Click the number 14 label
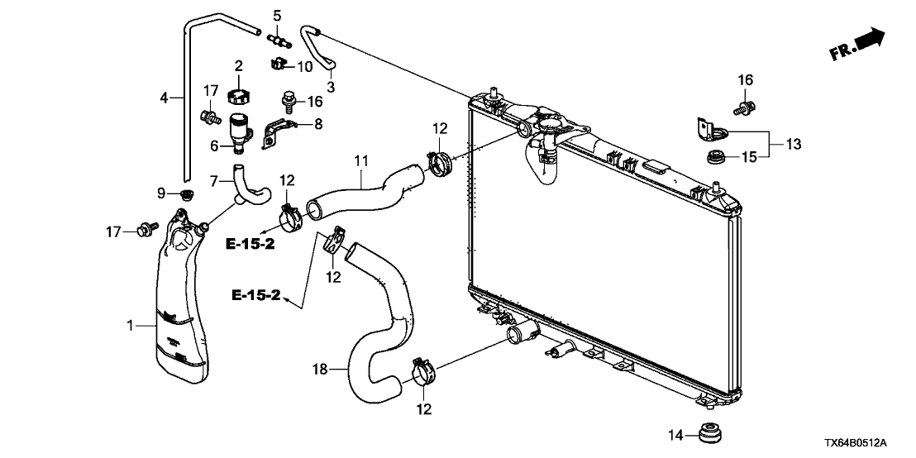(676, 434)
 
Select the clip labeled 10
(278, 63)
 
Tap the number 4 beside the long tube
(164, 98)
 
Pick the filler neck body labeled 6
(241, 132)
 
